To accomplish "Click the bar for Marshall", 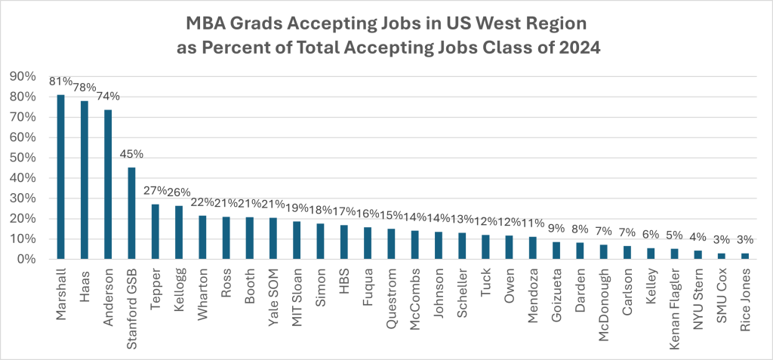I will pos(61,177).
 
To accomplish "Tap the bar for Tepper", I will pos(155,232).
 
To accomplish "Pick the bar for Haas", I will pos(85,180).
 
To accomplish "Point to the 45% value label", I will pos(131,155).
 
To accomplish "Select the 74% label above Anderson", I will pos(108,96).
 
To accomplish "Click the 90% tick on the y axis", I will pos(28,76).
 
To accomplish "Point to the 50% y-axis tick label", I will pos(28,158).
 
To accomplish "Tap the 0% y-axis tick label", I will pos(31,260).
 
